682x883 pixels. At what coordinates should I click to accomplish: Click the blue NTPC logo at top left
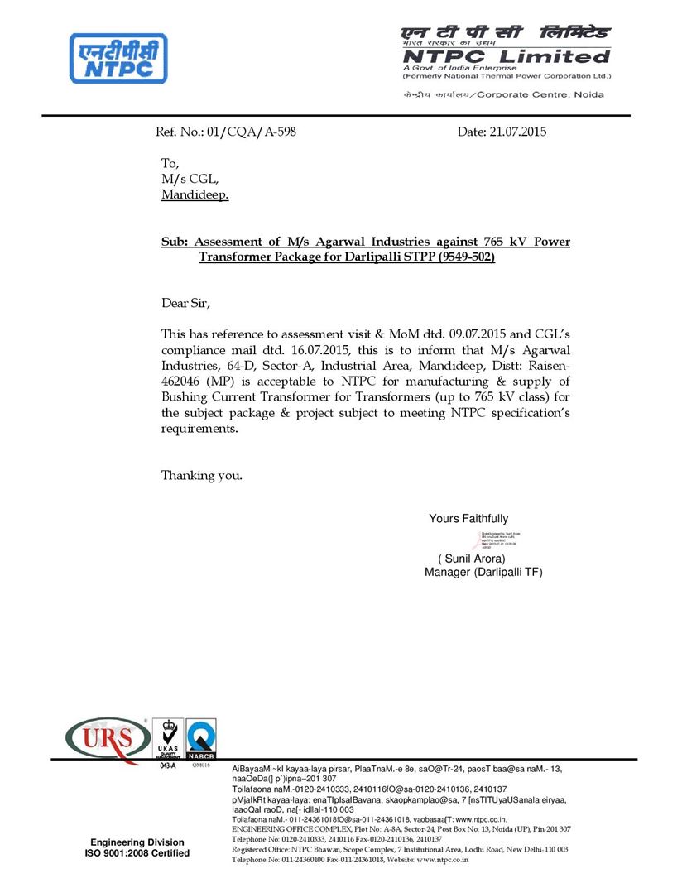point(118,58)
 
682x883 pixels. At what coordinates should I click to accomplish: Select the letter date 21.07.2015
point(518,132)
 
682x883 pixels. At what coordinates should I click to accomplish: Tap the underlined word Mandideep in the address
point(195,195)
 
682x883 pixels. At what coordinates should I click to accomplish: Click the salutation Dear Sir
point(186,303)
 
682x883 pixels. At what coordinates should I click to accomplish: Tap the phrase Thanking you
point(202,475)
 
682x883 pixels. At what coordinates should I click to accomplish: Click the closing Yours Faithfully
point(468,519)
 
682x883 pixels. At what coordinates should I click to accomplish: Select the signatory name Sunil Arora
point(471,559)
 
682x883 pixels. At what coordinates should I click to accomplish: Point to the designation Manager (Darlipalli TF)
point(483,572)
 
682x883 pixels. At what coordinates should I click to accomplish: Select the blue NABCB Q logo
point(200,738)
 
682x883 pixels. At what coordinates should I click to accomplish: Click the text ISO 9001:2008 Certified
point(137,853)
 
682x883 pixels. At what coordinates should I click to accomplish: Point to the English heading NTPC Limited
point(506,56)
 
